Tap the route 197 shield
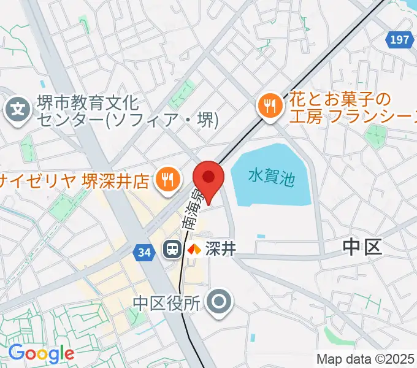pyautogui.click(x=399, y=40)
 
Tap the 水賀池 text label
pyautogui.click(x=272, y=178)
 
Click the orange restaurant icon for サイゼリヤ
pyautogui.click(x=167, y=180)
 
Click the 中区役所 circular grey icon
pyautogui.click(x=218, y=302)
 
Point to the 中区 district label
pyautogui.click(x=362, y=247)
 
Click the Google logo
pyautogui.click(x=41, y=353)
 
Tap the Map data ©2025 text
pyautogui.click(x=365, y=359)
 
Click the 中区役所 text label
pyautogui.click(x=167, y=302)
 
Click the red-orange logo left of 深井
pyautogui.click(x=194, y=249)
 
